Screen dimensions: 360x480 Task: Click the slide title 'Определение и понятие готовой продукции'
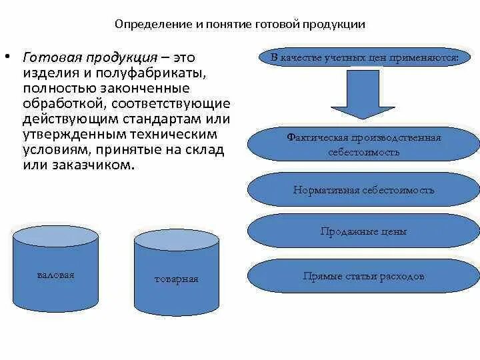[239, 25]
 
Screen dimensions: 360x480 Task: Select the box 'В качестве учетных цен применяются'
[365, 58]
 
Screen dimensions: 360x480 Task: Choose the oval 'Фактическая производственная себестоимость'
[364, 144]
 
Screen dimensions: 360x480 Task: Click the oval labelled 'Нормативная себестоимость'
[364, 190]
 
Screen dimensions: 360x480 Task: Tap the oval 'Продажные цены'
[364, 232]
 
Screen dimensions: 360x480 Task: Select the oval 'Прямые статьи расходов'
[364, 275]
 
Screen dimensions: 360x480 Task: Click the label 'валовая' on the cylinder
[55, 275]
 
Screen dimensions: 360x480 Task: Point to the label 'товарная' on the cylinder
[176, 279]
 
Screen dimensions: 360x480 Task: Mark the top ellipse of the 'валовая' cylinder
[55, 235]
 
